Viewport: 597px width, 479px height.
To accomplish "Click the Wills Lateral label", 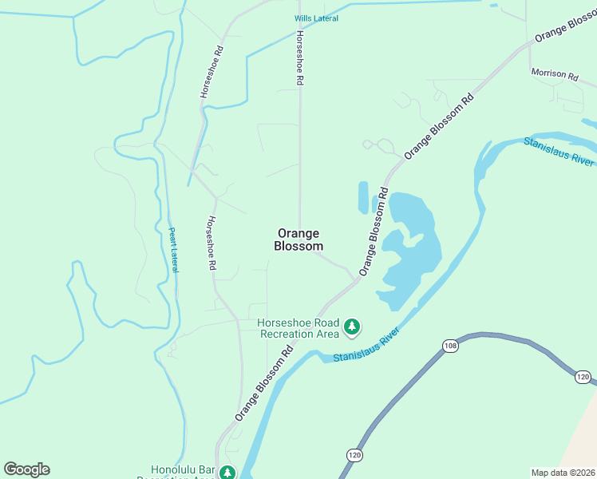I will coord(315,18).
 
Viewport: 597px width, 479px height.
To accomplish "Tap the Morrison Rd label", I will coord(555,74).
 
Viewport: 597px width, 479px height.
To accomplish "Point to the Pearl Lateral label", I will coord(172,250).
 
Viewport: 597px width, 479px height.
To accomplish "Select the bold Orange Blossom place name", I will coord(299,239).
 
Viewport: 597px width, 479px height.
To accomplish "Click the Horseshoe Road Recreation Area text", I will coord(298,328).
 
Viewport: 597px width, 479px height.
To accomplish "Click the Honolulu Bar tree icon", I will coord(227,473).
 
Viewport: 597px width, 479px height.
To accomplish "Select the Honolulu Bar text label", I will coord(184,472).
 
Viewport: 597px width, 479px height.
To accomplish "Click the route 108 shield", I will coord(450,346).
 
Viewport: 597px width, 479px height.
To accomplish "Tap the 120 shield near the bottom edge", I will coord(354,454).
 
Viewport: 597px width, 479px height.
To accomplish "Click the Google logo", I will coord(26,469).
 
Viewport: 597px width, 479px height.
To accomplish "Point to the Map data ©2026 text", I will coord(563,473).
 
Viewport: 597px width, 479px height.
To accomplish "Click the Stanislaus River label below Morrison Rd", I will coord(559,150).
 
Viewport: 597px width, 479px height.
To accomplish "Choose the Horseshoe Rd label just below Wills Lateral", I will coord(300,58).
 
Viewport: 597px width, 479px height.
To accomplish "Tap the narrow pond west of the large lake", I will coord(363,197).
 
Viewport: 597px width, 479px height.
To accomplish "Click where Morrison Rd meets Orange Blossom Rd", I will coord(529,46).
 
